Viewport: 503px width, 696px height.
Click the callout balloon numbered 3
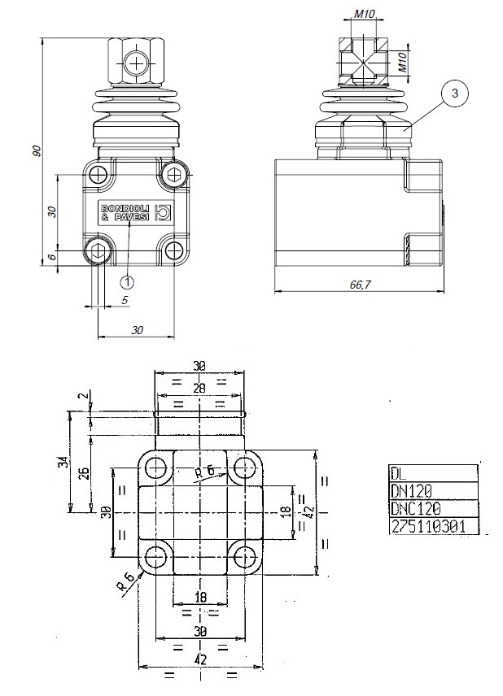[454, 94]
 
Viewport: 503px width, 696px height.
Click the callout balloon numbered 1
[127, 281]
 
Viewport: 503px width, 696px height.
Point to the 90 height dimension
[36, 153]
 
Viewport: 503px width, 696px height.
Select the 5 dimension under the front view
[125, 300]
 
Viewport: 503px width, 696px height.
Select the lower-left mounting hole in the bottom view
[157, 558]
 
